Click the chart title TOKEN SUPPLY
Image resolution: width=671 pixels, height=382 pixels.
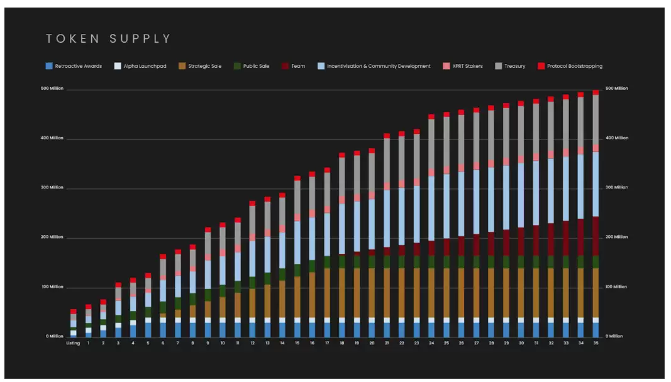click(108, 39)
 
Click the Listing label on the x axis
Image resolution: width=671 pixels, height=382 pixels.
click(73, 343)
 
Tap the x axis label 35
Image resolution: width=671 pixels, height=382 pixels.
click(596, 343)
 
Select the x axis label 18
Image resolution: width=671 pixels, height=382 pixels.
click(342, 343)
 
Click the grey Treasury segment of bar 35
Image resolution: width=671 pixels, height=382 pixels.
click(596, 119)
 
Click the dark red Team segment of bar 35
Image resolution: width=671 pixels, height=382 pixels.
click(596, 236)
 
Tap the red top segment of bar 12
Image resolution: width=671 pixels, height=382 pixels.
click(252, 204)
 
